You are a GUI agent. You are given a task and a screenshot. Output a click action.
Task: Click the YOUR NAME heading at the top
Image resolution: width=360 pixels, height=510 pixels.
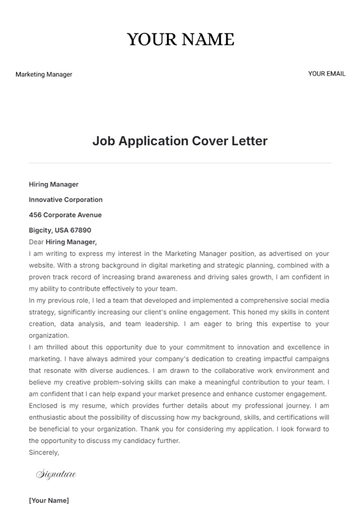tap(180, 40)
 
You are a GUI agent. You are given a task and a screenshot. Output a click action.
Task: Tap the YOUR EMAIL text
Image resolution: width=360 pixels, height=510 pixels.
tap(326, 73)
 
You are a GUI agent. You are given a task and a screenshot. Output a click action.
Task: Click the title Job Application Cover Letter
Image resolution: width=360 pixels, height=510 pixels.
tap(180, 141)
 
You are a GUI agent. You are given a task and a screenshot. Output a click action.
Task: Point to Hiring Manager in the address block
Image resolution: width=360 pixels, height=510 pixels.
tap(54, 184)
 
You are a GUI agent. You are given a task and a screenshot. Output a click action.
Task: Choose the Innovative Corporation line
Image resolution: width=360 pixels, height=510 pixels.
tap(66, 199)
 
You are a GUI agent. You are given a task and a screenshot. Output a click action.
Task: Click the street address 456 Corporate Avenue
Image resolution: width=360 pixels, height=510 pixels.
tap(66, 214)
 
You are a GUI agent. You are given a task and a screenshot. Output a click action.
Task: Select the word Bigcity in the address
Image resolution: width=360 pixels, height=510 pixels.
tap(42, 230)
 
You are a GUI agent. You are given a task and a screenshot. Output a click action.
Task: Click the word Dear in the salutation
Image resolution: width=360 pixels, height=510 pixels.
tap(36, 242)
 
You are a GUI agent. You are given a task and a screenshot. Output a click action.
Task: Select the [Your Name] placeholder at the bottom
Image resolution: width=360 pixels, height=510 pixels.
tap(49, 499)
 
